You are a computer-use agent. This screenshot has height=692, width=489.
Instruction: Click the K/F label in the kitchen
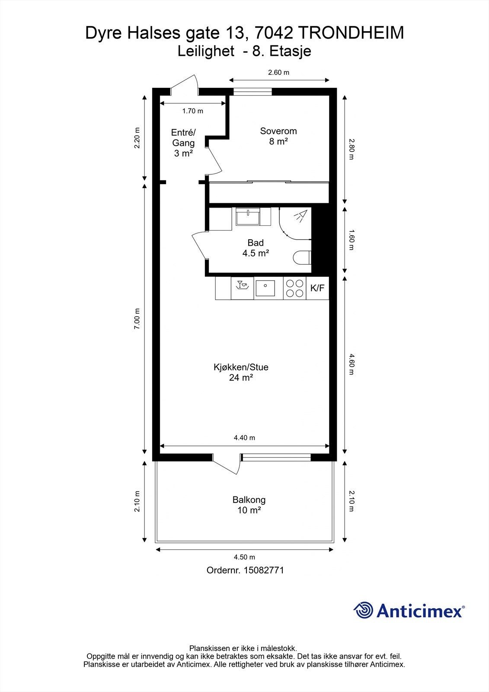pyautogui.click(x=317, y=288)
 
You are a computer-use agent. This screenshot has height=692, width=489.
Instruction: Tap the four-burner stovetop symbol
pyautogui.click(x=295, y=288)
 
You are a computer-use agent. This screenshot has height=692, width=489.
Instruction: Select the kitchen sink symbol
pyautogui.click(x=265, y=288)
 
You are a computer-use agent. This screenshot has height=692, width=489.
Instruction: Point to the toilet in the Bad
pyautogui.click(x=302, y=257)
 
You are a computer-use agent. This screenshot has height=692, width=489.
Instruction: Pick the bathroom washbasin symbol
pyautogui.click(x=248, y=217)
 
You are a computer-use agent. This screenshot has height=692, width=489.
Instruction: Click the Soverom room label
pyautogui.click(x=278, y=131)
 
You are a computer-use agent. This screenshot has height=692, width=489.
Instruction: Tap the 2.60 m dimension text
pyautogui.click(x=278, y=73)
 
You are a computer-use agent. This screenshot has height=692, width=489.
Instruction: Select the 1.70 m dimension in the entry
pyautogui.click(x=193, y=111)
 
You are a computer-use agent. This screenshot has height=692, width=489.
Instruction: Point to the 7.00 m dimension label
pyautogui.click(x=137, y=318)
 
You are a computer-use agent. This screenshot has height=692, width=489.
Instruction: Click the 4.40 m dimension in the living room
pyautogui.click(x=244, y=437)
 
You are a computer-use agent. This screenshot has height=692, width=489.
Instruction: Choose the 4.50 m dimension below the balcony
pyautogui.click(x=244, y=557)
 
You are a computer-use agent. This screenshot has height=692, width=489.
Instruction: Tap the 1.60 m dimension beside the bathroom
pyautogui.click(x=351, y=240)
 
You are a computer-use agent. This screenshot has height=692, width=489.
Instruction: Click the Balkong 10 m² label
pyautogui.click(x=249, y=505)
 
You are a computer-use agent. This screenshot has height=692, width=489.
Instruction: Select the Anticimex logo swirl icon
pyautogui.click(x=363, y=610)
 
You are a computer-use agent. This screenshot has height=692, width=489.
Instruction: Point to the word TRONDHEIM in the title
pyautogui.click(x=352, y=33)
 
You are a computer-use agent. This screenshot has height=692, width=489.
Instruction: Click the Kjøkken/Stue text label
pyautogui.click(x=241, y=367)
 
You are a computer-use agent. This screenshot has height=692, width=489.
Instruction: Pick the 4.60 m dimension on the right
pyautogui.click(x=351, y=365)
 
